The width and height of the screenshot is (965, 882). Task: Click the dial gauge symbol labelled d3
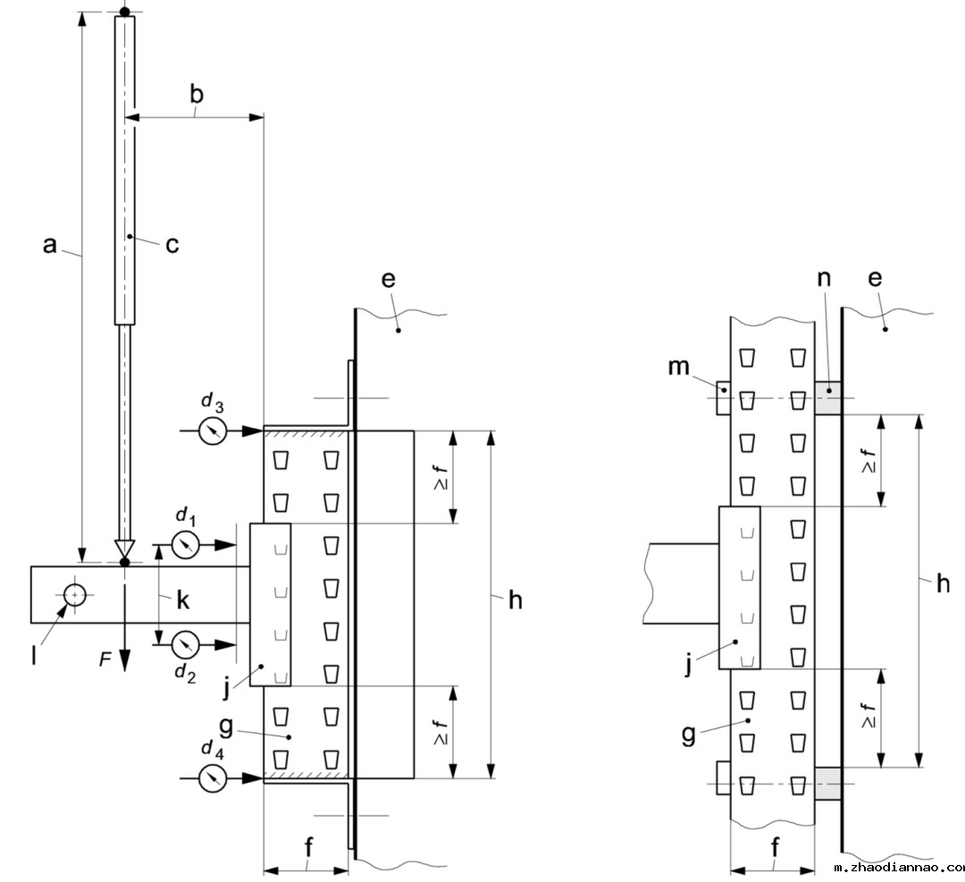[x=213, y=432]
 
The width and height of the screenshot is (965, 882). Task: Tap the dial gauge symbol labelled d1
[x=185, y=544]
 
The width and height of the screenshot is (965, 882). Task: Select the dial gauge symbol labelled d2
[x=185, y=643]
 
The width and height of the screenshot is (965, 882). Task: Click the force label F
[x=105, y=659]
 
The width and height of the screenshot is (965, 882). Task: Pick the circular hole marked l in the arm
[x=74, y=593]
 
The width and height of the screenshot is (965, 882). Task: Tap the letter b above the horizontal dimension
[x=197, y=95]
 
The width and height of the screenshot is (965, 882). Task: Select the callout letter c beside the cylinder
[x=172, y=243]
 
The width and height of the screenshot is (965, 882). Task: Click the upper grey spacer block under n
[x=828, y=398]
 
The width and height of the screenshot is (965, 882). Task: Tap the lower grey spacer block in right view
[x=828, y=784]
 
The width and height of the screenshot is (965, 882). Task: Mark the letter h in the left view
[x=515, y=601]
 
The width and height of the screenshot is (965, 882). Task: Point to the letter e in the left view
[x=387, y=279]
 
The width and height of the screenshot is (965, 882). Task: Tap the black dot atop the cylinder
[x=125, y=11]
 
